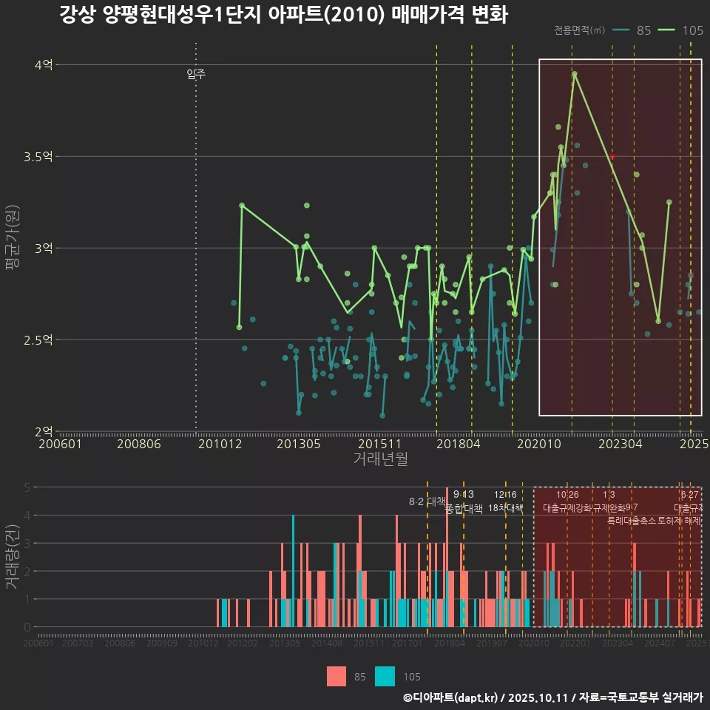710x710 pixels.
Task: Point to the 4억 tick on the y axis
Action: pos(44,65)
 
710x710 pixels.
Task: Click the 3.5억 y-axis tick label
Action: pos(38,157)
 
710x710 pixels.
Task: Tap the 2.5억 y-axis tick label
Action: pos(38,340)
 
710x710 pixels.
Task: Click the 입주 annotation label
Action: pos(196,74)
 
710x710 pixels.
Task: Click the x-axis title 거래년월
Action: pos(380,459)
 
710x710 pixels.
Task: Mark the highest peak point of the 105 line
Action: pos(575,74)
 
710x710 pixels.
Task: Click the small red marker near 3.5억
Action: pos(612,157)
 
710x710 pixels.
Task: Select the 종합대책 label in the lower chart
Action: pos(464,509)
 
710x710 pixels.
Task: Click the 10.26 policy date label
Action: pos(567,495)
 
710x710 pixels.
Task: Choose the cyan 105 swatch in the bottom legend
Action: pos(385,676)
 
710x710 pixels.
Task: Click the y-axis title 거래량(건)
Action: pos(13,557)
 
